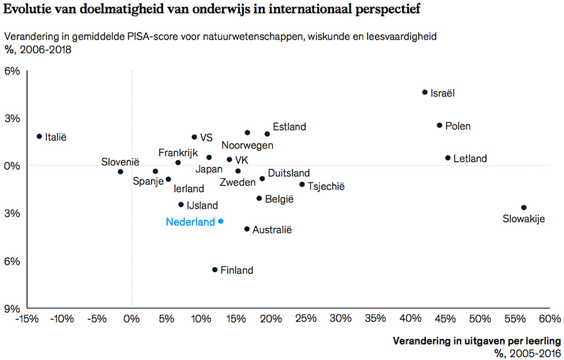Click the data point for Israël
425,92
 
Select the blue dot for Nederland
221,221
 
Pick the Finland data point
214,270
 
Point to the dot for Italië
39,136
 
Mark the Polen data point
439,125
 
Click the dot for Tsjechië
302,184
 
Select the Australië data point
247,229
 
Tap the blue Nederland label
190,222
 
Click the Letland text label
469,159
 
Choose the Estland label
290,127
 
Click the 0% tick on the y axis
13,166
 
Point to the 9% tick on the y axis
13,309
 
